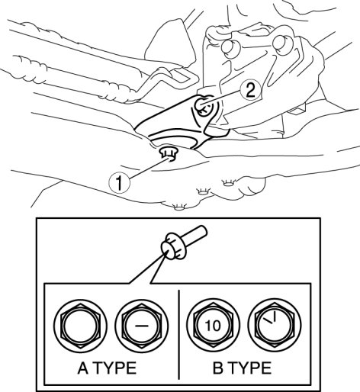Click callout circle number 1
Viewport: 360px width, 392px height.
pos(119,183)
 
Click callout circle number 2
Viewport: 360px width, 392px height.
pos(251,90)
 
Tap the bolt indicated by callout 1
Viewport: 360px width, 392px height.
pos(169,153)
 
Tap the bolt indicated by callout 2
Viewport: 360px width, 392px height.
pos(203,107)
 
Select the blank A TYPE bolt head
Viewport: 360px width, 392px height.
pos(80,326)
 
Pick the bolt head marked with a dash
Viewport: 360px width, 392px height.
pos(142,326)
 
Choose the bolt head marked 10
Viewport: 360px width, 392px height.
pos(213,326)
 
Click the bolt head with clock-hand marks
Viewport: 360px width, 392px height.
pos(275,326)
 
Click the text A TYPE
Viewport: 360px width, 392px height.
pos(107,368)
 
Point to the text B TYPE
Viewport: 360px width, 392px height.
pos(242,368)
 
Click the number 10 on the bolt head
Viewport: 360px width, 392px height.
pos(213,326)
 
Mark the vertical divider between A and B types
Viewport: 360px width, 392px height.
pos(179,335)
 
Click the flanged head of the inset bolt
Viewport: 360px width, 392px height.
pos(173,246)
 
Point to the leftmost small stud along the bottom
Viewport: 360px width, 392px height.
pos(180,207)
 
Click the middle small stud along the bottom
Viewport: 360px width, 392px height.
pos(202,191)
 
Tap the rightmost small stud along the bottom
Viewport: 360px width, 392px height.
pos(229,182)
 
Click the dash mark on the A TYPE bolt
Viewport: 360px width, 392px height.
pos(142,325)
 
